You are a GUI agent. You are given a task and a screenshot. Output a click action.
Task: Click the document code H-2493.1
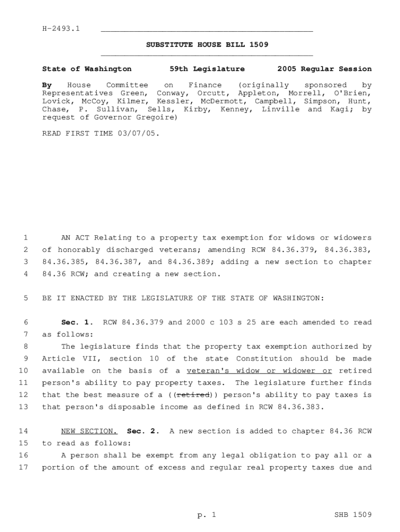pos(61,28)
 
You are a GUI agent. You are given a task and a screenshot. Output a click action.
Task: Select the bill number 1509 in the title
pos(258,45)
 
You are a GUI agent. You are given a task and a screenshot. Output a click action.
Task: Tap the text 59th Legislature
pos(207,69)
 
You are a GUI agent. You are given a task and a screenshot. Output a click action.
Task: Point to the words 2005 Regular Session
pos(324,69)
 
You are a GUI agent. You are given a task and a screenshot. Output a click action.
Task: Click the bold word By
pos(47,85)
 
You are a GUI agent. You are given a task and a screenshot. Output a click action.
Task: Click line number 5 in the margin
pos(25,298)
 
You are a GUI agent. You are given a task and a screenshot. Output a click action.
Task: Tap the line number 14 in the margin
pos(23,431)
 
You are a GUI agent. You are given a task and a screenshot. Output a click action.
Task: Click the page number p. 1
pos(206,515)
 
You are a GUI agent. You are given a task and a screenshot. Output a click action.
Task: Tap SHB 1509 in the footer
pos(353,515)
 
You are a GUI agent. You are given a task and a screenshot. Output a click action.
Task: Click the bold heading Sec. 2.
pos(143,431)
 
